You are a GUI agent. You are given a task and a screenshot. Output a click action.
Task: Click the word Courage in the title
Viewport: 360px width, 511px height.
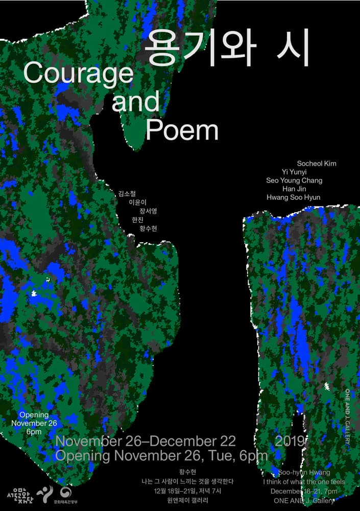pyautogui.click(x=78, y=74)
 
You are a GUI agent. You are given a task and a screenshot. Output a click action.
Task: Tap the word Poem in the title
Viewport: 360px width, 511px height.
pyautogui.click(x=182, y=130)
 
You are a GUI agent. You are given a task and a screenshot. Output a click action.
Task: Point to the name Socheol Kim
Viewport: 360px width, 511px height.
pyautogui.click(x=316, y=164)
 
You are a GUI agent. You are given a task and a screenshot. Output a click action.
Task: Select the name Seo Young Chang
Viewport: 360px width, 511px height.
pyautogui.click(x=294, y=180)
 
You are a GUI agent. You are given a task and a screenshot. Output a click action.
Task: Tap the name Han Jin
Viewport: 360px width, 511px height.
pyautogui.click(x=294, y=189)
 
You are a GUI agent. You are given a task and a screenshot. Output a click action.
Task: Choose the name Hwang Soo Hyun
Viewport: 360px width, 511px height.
pyautogui.click(x=293, y=197)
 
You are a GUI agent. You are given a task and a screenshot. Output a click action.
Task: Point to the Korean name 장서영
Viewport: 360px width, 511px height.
pyautogui.click(x=148, y=211)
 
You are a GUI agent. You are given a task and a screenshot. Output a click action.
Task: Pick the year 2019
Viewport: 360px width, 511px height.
pyautogui.click(x=290, y=441)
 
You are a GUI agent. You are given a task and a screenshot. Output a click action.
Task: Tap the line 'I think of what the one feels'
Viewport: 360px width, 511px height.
pyautogui.click(x=304, y=482)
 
